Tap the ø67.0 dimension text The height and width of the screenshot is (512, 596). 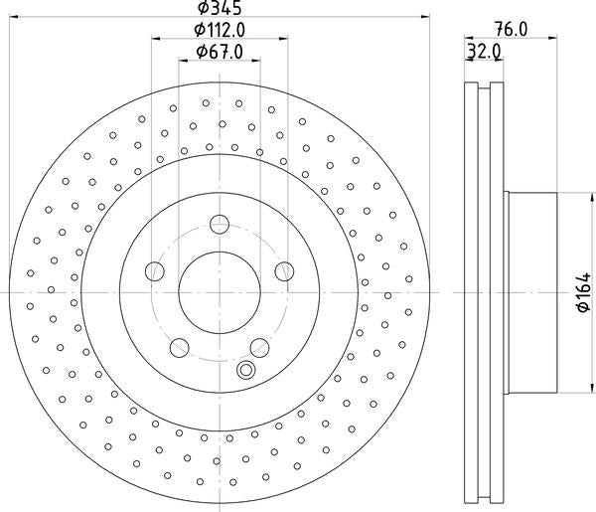point(219,52)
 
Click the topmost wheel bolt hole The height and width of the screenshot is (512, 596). point(219,224)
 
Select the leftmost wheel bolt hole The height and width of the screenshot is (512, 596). point(153,270)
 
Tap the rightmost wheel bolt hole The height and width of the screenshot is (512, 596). point(284,270)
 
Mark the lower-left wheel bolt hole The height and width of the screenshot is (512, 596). point(179,347)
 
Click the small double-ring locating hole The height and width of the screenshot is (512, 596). point(245,371)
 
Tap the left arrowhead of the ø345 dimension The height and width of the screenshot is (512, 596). point(12,17)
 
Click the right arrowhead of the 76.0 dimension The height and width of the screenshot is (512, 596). point(552,39)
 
